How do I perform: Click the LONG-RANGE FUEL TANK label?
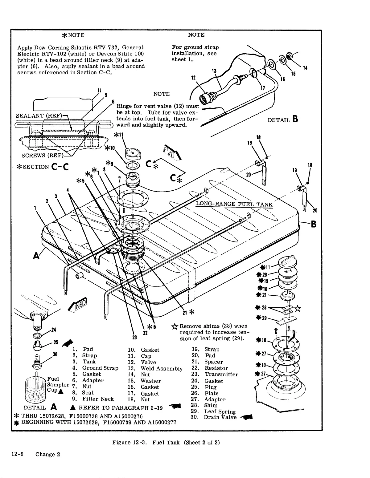234,204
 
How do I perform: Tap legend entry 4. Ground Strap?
95,368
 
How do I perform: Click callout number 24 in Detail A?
53,330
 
